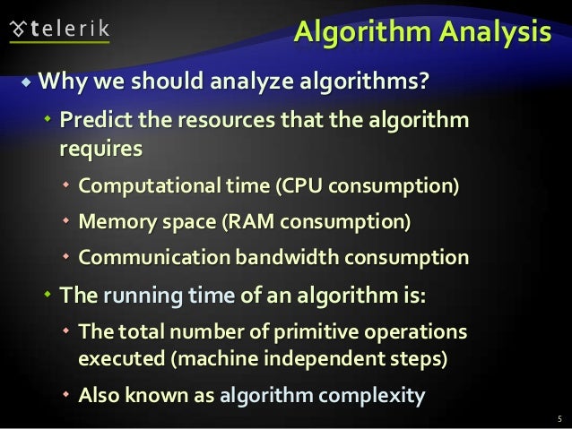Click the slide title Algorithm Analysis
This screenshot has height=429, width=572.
[422, 33]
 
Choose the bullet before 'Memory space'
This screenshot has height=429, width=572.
[66, 222]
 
